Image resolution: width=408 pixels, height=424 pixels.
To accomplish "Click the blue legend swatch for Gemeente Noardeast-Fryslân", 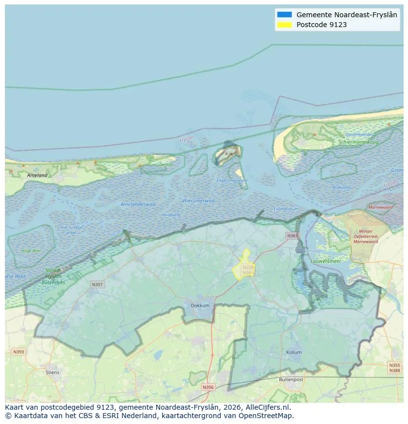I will (x=284, y=15).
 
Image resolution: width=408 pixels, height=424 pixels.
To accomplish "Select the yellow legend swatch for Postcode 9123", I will (x=284, y=25).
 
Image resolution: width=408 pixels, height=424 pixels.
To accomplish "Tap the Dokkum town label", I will (x=200, y=305).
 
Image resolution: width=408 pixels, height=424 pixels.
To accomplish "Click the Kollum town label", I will (x=294, y=353).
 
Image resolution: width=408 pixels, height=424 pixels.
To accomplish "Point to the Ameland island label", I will (x=37, y=175).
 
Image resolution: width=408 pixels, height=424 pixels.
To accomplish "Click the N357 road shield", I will (x=97, y=285).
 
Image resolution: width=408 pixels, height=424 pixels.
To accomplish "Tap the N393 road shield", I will (x=18, y=352).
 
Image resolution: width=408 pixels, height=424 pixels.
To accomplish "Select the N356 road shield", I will (x=208, y=387).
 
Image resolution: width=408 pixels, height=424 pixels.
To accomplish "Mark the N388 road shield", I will (x=394, y=370).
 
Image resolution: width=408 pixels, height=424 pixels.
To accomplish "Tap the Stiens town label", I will (x=52, y=372).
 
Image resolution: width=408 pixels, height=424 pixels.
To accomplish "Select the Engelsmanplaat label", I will (x=232, y=180).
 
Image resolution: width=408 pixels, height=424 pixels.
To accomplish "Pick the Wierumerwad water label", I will (x=199, y=200).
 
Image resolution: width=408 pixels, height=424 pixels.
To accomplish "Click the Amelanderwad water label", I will (x=138, y=204).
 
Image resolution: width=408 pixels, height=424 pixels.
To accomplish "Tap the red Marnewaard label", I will (x=380, y=207).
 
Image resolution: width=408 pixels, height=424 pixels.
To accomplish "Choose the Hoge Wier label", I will (x=31, y=251).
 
